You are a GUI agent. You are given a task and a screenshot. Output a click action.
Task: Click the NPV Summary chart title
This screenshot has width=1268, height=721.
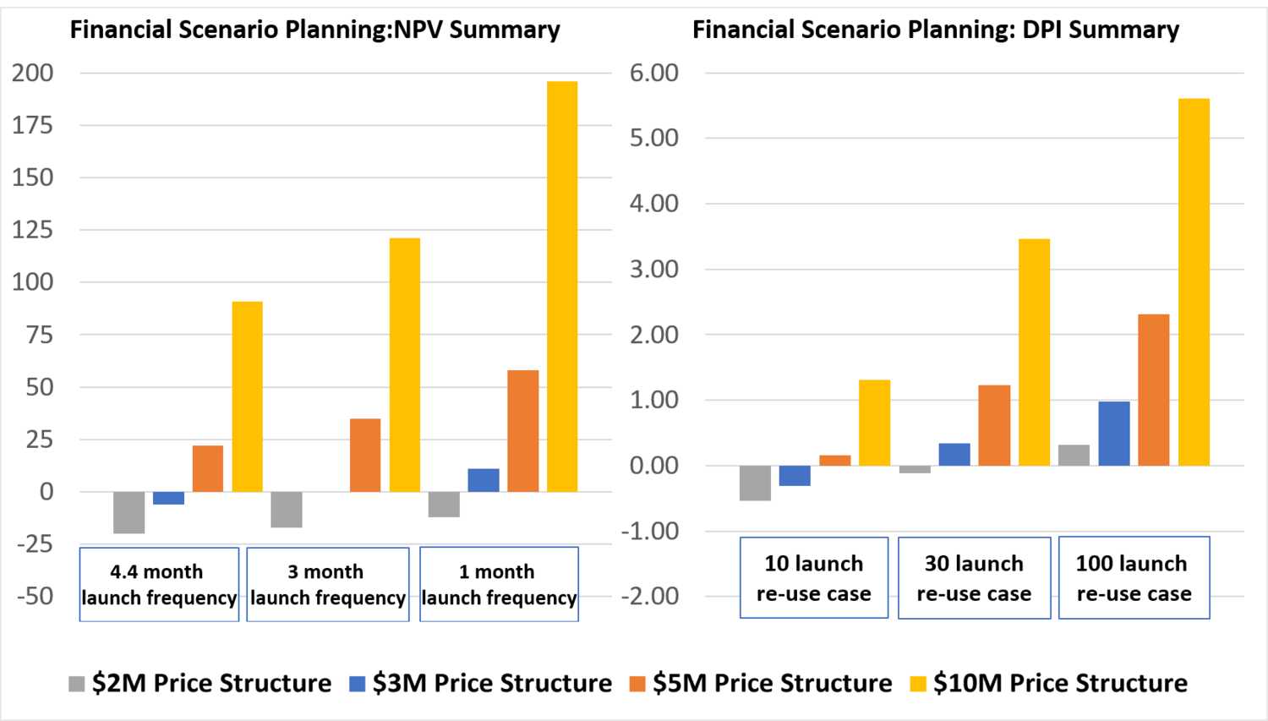(x=314, y=30)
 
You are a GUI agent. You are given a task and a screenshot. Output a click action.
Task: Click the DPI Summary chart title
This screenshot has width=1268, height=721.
(x=935, y=30)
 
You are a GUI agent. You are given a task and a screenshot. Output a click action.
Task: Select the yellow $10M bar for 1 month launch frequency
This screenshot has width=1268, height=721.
(x=562, y=287)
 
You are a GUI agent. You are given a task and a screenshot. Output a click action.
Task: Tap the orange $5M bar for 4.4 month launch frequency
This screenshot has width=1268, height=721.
(x=208, y=468)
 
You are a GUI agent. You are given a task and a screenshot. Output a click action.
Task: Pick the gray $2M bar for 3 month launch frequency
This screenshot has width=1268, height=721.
(x=287, y=509)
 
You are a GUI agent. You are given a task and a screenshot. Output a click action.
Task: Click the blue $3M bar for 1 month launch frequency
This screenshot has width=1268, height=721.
(x=484, y=480)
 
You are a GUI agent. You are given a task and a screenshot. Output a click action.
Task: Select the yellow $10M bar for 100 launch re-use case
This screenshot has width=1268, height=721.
(x=1194, y=282)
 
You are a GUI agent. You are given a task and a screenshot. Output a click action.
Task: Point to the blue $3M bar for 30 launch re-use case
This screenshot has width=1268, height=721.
(x=954, y=455)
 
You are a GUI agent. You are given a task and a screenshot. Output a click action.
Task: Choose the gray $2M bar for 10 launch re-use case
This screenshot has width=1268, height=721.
(x=755, y=483)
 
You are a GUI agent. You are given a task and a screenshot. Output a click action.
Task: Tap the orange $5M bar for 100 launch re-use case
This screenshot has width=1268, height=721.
(x=1154, y=390)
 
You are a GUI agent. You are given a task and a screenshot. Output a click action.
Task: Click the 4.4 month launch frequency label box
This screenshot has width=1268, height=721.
(x=159, y=584)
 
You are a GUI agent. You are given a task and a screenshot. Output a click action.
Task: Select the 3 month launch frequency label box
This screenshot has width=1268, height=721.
(x=328, y=584)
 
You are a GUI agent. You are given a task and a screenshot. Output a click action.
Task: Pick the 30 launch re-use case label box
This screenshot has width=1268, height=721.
(x=974, y=578)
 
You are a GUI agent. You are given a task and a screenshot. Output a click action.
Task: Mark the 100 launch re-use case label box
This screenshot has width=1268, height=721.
(x=1134, y=578)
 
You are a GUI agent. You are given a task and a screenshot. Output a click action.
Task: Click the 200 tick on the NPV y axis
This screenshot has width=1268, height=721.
(x=33, y=74)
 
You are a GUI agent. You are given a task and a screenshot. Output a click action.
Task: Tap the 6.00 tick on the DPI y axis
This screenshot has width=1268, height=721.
(x=654, y=74)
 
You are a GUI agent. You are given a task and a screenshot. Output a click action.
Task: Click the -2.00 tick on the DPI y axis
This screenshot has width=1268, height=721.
(x=650, y=597)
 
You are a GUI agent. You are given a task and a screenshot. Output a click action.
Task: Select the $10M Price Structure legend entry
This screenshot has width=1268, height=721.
(x=1048, y=683)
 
